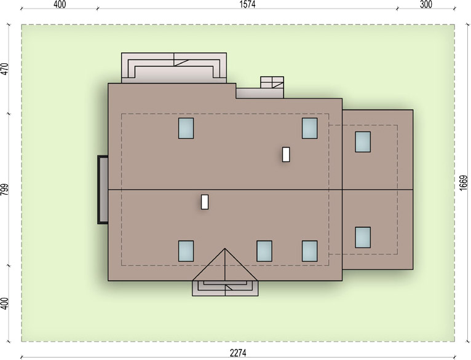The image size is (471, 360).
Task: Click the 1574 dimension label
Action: click(x=247, y=4)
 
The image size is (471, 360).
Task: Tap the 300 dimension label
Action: click(x=425, y=4)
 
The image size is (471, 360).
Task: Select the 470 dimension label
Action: click(x=4, y=69)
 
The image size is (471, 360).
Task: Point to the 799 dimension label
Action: click(x=4, y=190)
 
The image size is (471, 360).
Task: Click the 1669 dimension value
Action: click(x=464, y=182)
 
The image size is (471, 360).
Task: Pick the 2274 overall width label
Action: click(x=238, y=353)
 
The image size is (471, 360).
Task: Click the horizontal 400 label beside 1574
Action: click(x=60, y=4)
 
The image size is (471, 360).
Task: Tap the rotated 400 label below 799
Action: click(x=4, y=303)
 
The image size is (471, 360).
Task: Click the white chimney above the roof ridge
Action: click(x=286, y=154)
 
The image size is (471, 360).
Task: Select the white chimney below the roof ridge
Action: click(x=205, y=202)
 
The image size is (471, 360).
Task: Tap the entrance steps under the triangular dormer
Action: click(x=225, y=288)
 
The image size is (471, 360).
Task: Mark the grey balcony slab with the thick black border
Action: click(x=103, y=190)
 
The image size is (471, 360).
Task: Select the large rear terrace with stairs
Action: click(x=174, y=68)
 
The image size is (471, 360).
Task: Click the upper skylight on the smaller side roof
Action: click(x=363, y=142)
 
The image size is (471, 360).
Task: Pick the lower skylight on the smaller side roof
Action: click(x=363, y=237)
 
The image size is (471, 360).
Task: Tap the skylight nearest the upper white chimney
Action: click(x=310, y=128)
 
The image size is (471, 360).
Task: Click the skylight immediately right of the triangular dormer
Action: click(x=264, y=251)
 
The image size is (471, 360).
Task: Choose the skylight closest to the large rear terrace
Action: click(x=186, y=128)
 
